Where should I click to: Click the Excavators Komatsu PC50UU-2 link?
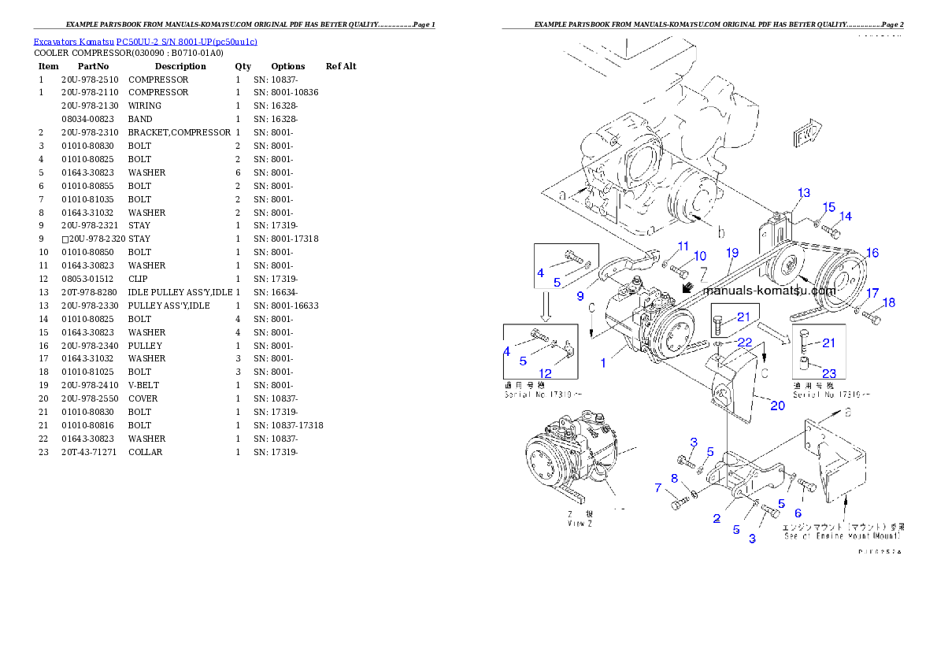145,42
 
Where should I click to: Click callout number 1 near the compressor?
604,363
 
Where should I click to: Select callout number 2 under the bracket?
717,518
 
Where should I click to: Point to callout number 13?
803,193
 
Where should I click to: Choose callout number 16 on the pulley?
872,253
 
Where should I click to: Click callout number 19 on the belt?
732,253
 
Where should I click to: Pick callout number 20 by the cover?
777,406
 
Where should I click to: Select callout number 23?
829,374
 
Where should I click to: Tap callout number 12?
545,373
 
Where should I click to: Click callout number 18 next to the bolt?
889,303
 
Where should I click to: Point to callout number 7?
658,488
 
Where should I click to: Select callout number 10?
699,256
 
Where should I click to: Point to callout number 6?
798,513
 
